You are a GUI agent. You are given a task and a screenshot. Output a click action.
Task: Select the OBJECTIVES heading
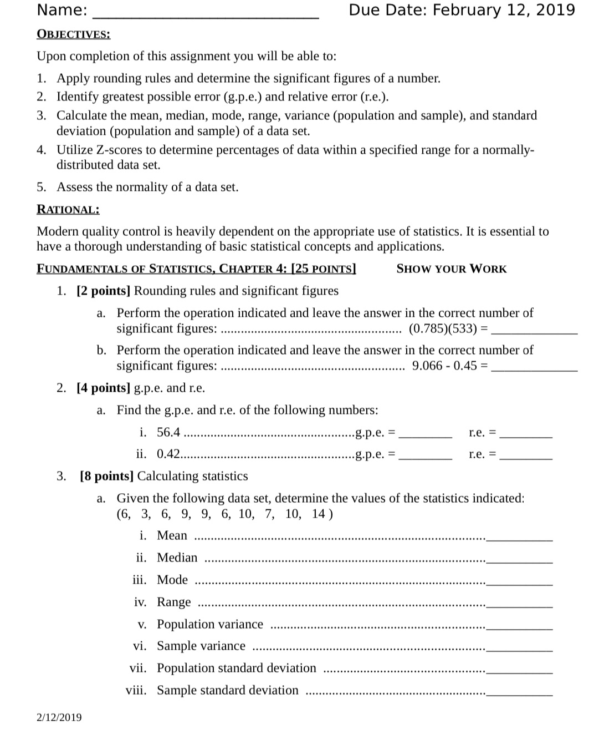pyautogui.click(x=73, y=34)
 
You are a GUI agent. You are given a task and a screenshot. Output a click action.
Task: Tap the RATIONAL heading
pyautogui.click(x=68, y=210)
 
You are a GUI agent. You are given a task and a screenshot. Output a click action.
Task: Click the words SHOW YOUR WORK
pyautogui.click(x=452, y=269)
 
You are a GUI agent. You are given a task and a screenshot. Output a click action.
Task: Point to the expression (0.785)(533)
pyautogui.click(x=443, y=328)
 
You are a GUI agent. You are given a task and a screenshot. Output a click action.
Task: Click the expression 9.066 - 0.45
pyautogui.click(x=444, y=366)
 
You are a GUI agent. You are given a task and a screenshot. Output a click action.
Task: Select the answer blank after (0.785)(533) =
pyautogui.click(x=534, y=331)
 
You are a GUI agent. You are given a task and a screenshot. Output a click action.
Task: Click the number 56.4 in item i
pyautogui.click(x=168, y=432)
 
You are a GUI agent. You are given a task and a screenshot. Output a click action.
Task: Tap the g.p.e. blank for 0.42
pyautogui.click(x=426, y=457)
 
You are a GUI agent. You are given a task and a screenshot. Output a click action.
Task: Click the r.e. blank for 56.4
pyautogui.click(x=526, y=436)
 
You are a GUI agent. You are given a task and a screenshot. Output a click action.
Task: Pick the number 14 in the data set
pyautogui.click(x=319, y=514)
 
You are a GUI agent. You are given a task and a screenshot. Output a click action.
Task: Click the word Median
pyautogui.click(x=177, y=558)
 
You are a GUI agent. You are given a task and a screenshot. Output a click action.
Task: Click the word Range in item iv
pyautogui.click(x=174, y=602)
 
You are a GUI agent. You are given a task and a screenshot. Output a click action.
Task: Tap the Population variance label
pyautogui.click(x=210, y=624)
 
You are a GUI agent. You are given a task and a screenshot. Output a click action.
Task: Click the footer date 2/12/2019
pyautogui.click(x=59, y=717)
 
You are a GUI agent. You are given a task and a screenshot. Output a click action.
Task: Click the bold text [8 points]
pyautogui.click(x=107, y=476)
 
